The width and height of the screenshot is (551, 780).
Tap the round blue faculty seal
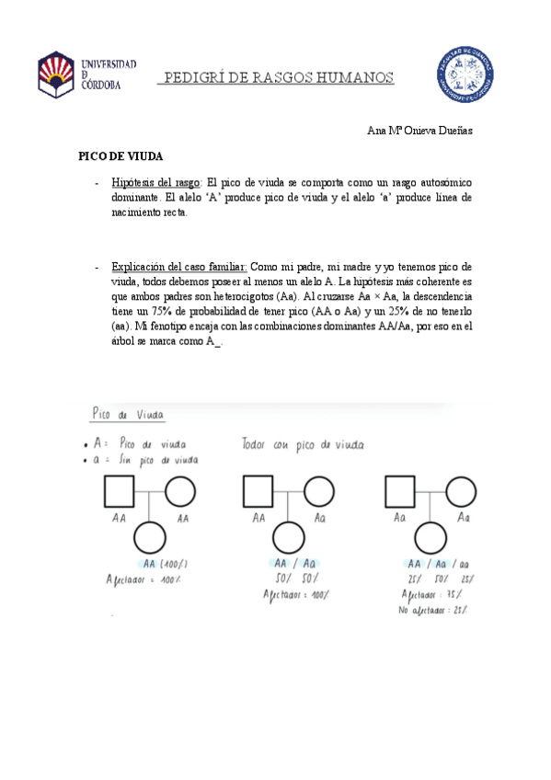pos(465,75)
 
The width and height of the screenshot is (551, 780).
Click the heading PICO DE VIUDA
pos(120,157)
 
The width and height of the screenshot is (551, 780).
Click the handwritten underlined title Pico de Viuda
pos(126,416)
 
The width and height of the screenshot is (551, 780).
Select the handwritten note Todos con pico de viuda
pos(302,444)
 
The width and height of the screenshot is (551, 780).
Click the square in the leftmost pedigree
pos(119,493)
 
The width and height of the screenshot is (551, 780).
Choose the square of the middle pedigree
pos(258,493)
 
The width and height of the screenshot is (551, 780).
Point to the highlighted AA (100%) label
pos(161,563)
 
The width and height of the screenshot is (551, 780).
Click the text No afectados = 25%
pos(432,609)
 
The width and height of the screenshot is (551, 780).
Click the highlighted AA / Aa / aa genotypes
pos(437,563)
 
